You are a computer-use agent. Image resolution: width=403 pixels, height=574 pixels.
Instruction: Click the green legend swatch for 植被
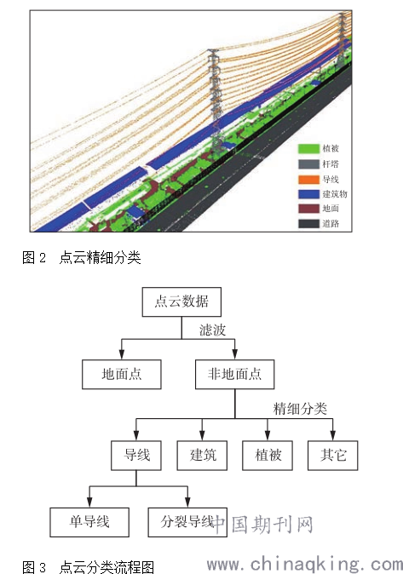point(308,149)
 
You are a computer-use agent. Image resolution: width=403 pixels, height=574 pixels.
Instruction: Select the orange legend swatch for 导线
point(308,180)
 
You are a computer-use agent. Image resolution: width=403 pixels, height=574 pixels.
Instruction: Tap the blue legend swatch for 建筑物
point(308,194)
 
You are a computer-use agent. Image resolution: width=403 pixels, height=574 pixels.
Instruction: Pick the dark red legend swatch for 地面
point(308,209)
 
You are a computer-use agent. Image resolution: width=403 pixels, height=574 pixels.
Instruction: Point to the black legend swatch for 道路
point(308,224)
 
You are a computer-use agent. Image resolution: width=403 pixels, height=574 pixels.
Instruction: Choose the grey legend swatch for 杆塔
point(308,164)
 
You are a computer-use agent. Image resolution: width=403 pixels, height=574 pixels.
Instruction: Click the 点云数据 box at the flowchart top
point(181,302)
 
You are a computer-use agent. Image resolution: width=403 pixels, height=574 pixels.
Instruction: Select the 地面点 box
point(122,374)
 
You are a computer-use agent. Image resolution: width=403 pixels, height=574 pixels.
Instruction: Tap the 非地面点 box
point(235,374)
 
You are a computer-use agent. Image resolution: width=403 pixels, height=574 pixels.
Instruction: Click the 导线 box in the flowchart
point(136,456)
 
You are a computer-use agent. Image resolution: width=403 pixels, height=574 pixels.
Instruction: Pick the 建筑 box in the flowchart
point(202,456)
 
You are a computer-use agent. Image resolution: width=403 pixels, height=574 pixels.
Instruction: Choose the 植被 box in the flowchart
point(268,456)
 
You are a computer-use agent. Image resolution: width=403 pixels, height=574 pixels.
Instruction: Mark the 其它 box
point(332,456)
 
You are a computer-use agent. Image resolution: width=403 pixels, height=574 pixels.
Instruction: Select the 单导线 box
point(89,522)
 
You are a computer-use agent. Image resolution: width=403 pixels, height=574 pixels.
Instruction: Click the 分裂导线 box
point(187,522)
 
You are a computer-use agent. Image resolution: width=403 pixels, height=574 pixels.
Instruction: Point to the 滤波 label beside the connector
point(212,330)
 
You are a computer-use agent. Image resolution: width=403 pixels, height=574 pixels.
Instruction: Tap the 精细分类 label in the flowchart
point(300,409)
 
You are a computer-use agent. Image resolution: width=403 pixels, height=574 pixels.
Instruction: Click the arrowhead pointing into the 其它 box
point(332,436)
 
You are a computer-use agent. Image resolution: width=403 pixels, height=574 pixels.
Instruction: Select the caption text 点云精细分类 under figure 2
point(100,258)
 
